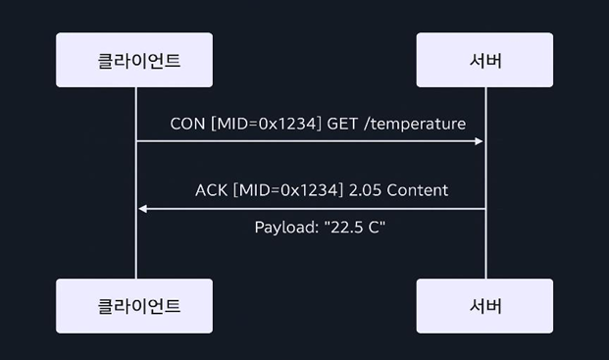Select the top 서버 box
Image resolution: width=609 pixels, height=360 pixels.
484,60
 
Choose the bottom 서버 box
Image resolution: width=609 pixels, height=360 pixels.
484,305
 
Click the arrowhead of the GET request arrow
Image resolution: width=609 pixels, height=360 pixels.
480,141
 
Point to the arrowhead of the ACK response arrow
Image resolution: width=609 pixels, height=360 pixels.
142,208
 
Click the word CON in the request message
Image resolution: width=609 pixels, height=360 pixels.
187,124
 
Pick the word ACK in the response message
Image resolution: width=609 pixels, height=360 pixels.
211,190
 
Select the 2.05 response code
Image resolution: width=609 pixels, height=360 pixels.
362,190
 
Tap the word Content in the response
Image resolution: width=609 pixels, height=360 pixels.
418,190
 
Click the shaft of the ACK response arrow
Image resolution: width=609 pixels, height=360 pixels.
314,208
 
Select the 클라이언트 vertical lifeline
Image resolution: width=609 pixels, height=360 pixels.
135,245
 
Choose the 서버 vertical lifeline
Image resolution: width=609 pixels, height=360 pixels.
485,245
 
